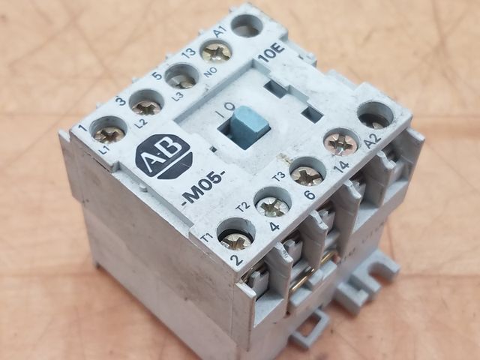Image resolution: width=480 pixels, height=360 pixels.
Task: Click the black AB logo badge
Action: [163, 157]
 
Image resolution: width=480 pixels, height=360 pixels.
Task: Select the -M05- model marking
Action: [204, 192]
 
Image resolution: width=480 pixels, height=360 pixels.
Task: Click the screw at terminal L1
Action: [109, 133]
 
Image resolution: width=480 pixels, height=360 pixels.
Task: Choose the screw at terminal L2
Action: [146, 106]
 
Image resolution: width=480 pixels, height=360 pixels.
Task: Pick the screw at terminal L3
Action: [183, 80]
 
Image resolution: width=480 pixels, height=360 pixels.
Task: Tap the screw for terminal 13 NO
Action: [216, 52]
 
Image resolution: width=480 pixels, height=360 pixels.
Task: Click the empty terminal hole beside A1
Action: [248, 25]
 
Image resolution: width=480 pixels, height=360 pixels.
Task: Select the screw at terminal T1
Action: [236, 238]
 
